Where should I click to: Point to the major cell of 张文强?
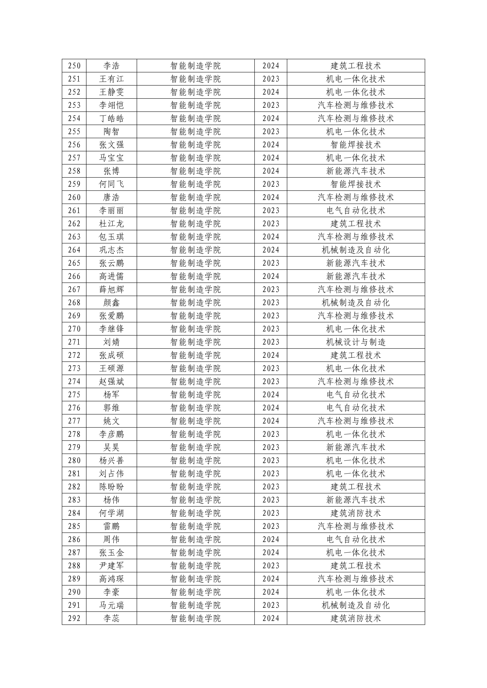(356, 145)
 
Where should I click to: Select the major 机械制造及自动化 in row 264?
(356, 250)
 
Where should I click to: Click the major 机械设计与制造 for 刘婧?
(356, 342)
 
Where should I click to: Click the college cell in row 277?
(196, 421)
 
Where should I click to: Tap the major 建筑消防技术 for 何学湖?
(356, 513)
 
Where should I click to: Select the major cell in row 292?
(356, 618)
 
